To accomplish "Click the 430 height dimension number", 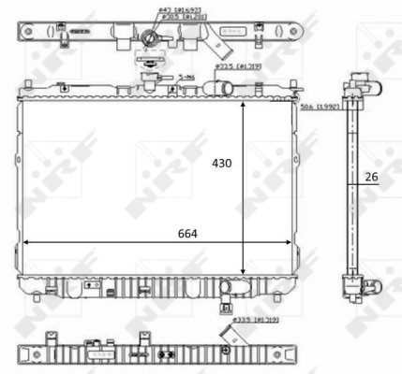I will coord(219,162).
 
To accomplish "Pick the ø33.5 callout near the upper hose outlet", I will coord(231,67).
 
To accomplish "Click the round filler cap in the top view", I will coord(150,38).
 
